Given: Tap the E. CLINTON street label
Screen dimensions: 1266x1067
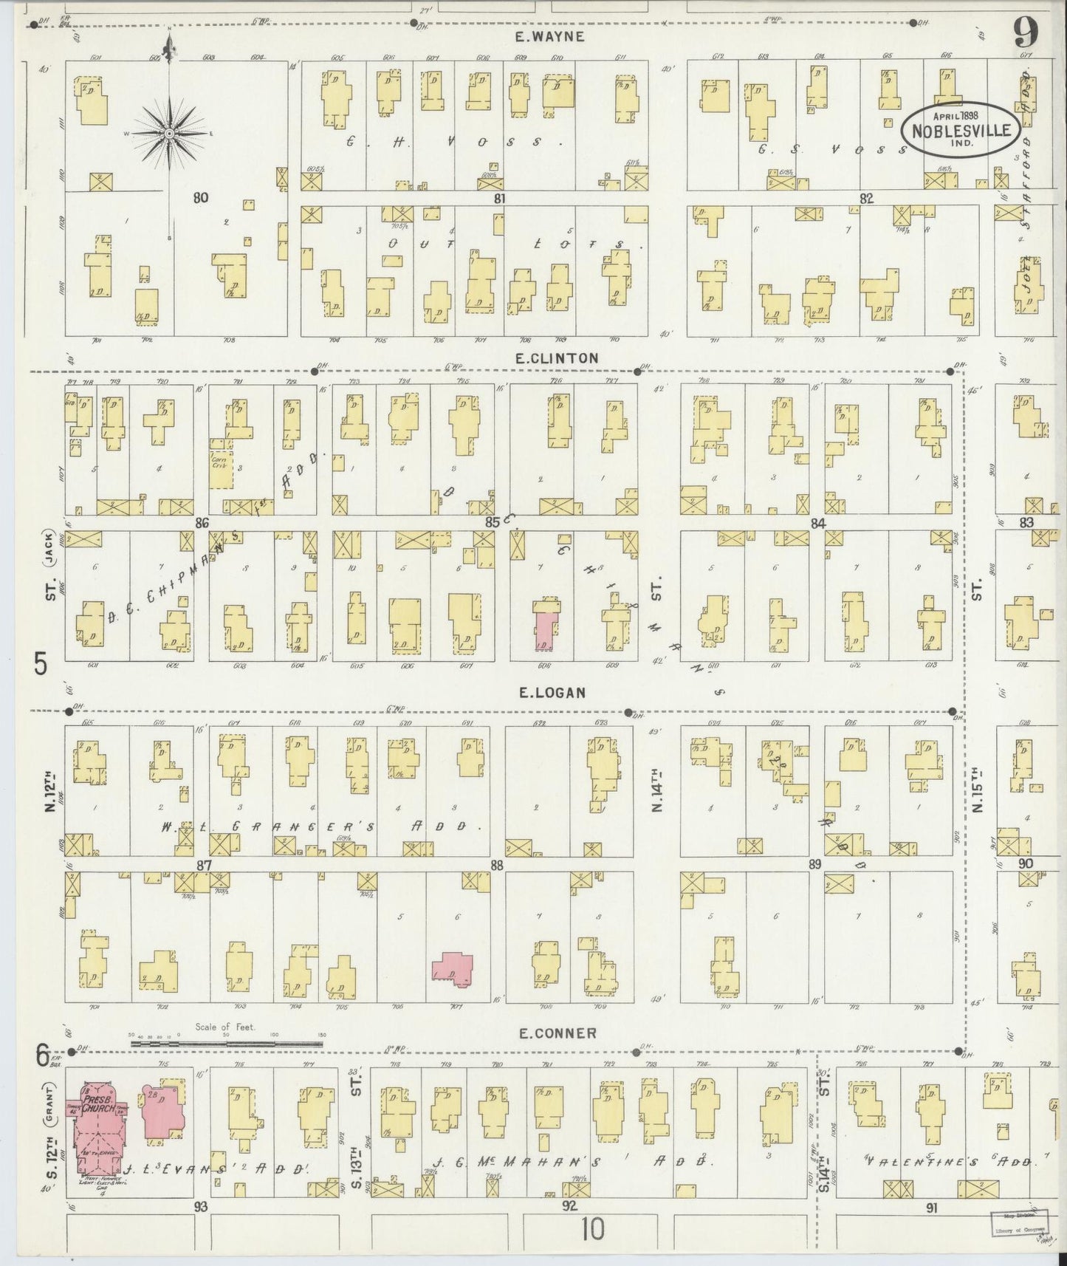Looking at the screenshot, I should pyautogui.click(x=557, y=357).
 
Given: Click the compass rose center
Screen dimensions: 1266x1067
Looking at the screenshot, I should pyautogui.click(x=169, y=133).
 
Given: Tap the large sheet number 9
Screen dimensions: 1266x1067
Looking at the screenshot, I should pyautogui.click(x=1026, y=32).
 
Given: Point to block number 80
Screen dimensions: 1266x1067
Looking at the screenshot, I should pyautogui.click(x=199, y=197).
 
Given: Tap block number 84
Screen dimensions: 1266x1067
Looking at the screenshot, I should pyautogui.click(x=817, y=523).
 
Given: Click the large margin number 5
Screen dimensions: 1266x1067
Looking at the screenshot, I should pyautogui.click(x=41, y=665).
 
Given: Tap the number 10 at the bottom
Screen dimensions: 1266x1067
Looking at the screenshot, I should pyautogui.click(x=591, y=1230).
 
